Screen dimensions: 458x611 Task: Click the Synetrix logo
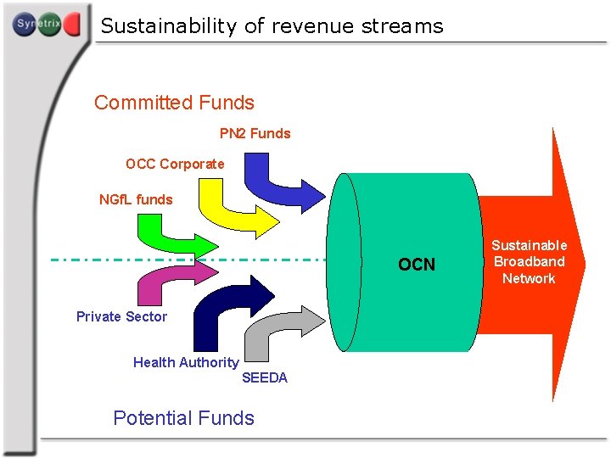click(47, 25)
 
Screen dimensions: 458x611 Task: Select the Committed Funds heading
click(174, 103)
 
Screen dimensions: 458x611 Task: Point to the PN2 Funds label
click(255, 133)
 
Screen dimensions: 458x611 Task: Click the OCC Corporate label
click(175, 164)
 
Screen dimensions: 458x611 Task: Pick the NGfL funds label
click(136, 200)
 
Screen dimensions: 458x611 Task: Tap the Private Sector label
click(121, 316)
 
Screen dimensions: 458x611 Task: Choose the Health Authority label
click(186, 362)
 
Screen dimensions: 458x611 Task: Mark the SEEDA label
click(265, 378)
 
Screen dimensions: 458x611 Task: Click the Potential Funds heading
click(183, 418)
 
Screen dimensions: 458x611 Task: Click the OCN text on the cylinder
click(417, 265)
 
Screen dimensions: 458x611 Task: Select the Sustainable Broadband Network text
click(529, 262)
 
